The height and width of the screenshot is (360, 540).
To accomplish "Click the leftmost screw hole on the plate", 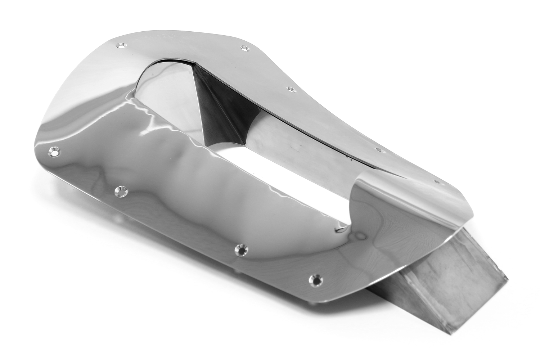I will click(55, 152).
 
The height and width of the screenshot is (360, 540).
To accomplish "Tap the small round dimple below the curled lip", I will click(360, 236).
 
